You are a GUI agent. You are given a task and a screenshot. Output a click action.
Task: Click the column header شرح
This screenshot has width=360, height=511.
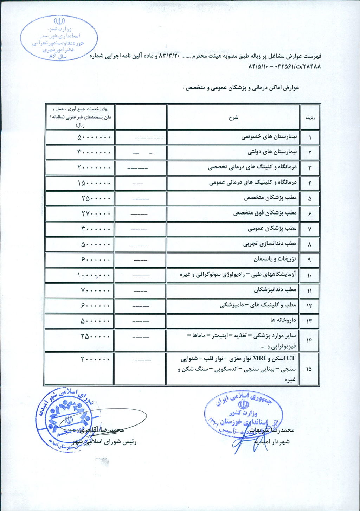click(233, 117)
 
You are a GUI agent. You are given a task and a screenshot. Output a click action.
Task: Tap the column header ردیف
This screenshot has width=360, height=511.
click(310, 117)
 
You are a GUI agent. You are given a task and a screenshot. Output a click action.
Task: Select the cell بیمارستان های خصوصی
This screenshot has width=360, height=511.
click(269, 137)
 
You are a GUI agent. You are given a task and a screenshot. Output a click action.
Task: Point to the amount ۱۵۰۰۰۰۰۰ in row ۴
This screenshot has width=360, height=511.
click(94, 183)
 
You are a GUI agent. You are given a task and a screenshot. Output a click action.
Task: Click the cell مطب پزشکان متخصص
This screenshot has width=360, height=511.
click(270, 198)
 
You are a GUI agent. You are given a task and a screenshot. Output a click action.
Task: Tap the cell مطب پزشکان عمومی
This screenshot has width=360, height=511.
click(272, 229)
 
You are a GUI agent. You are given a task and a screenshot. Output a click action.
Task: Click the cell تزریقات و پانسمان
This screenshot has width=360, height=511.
click(275, 259)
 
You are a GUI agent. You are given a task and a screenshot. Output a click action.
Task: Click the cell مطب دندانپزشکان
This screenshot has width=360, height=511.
click(275, 290)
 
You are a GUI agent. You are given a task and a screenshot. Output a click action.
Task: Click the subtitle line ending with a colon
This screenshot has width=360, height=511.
click(241, 88)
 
